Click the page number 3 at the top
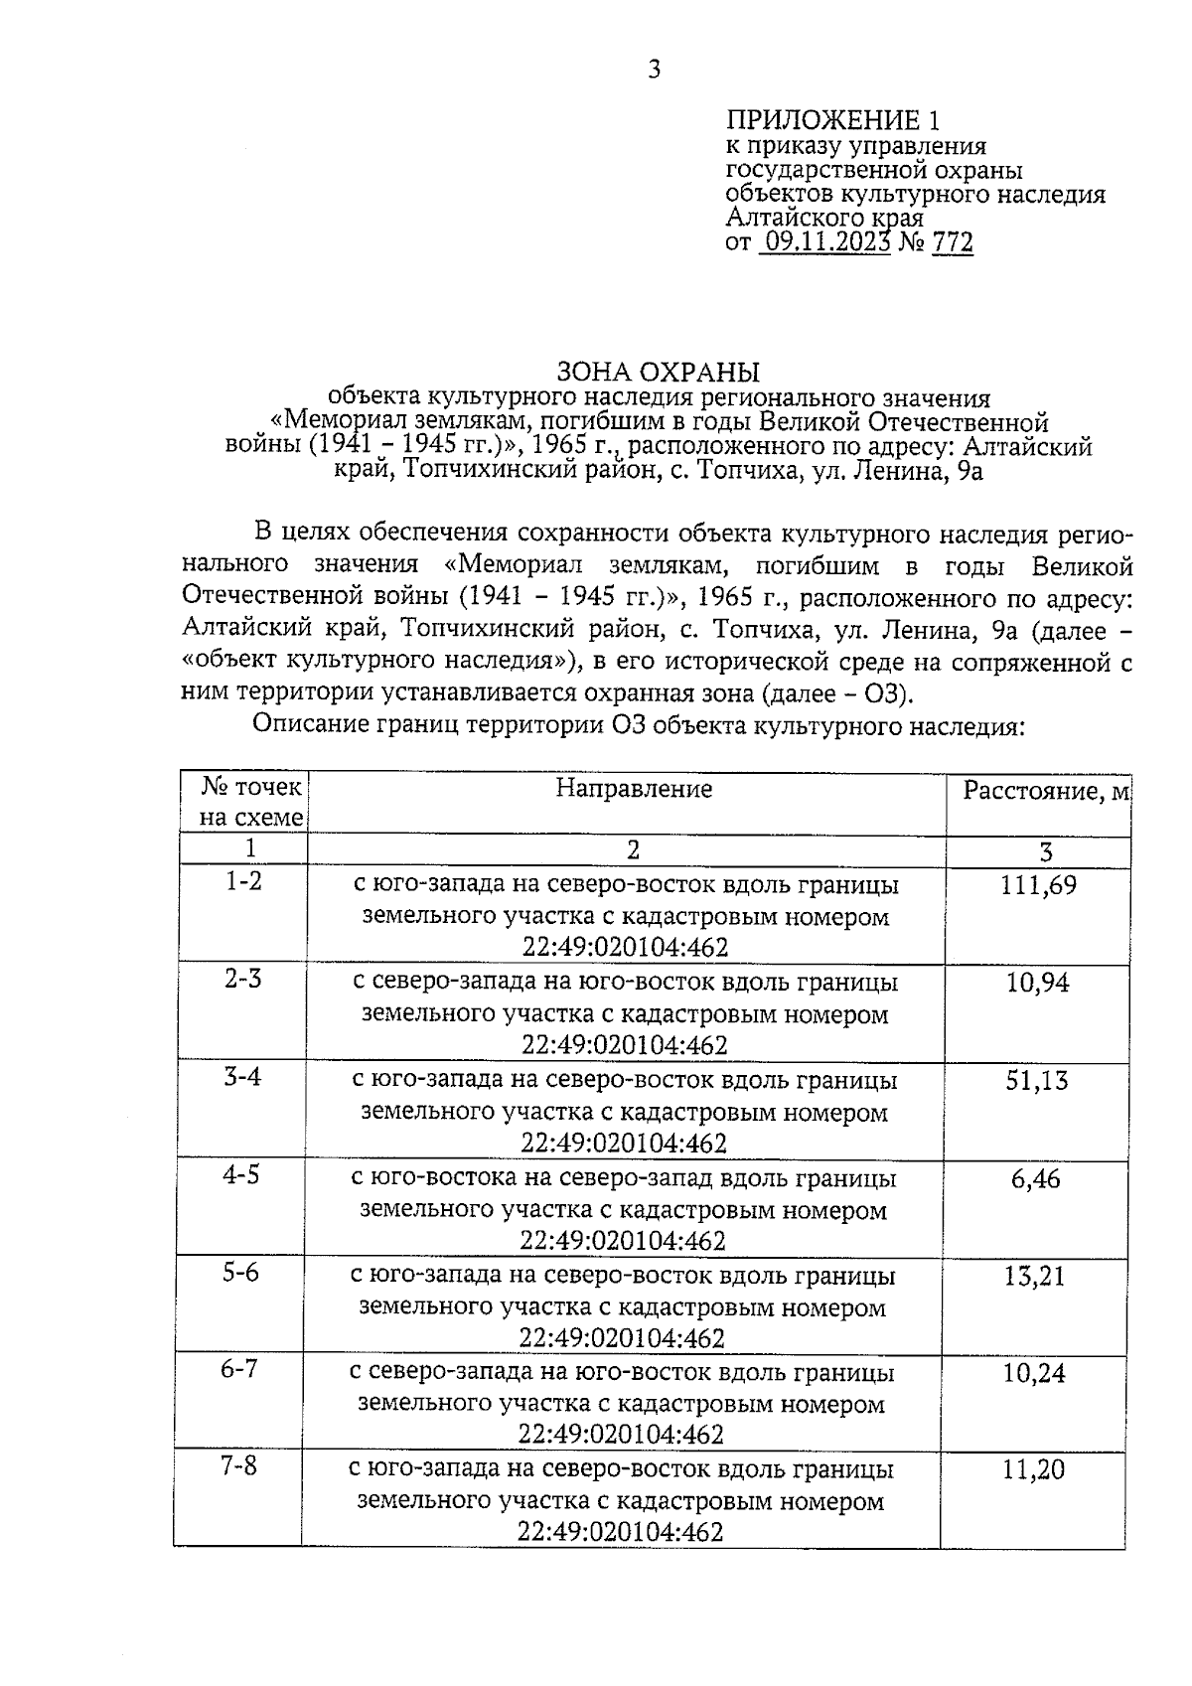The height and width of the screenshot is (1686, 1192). [x=654, y=69]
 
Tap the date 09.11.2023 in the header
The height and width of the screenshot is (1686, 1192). [x=825, y=242]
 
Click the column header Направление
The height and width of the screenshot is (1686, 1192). [x=634, y=789]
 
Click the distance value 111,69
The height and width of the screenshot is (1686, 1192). [x=1038, y=885]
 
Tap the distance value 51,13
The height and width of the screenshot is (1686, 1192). [x=1037, y=1081]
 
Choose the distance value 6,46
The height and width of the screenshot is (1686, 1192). [x=1036, y=1179]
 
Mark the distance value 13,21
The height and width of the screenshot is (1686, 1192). [x=1035, y=1277]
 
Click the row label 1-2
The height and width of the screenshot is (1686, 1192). [x=243, y=881]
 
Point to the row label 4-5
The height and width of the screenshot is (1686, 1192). [x=241, y=1175]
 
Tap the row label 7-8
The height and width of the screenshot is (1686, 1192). [x=238, y=1466]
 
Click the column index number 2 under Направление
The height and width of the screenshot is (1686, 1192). [x=633, y=849]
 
